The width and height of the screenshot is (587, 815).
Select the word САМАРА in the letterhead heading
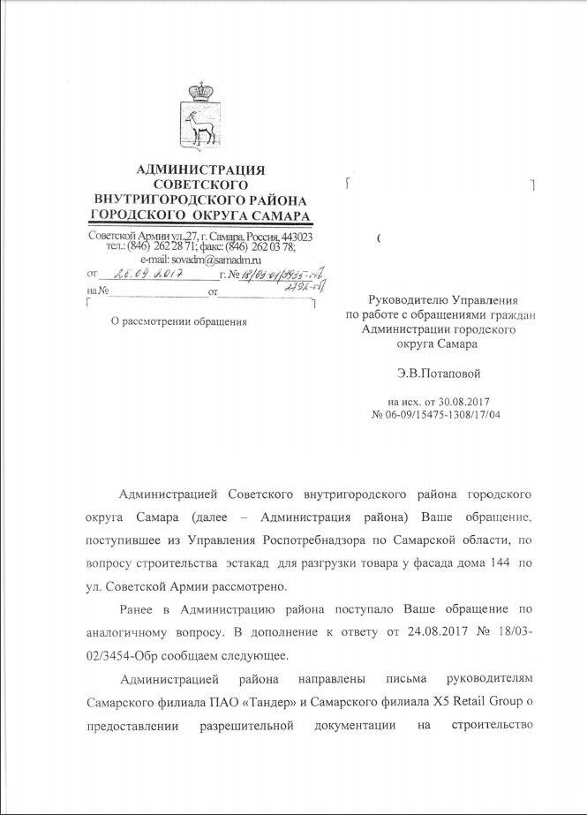280,215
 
